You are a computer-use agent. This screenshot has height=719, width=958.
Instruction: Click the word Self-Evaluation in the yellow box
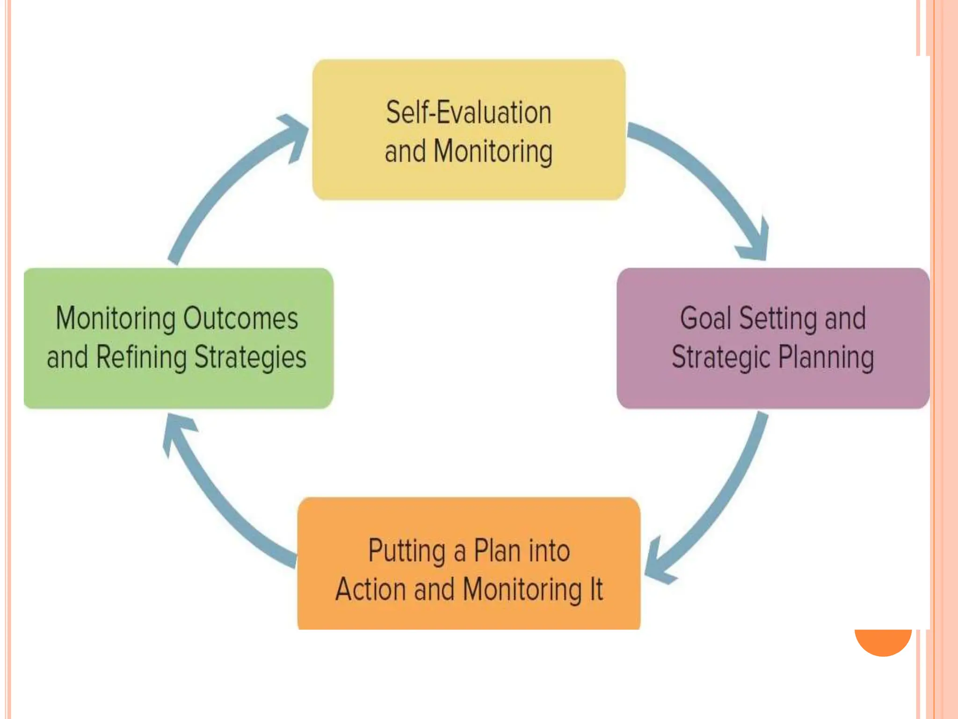point(469,113)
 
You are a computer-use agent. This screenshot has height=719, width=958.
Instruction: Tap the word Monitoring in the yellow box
point(493,152)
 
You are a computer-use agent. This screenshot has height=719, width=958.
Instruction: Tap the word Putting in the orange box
point(406,551)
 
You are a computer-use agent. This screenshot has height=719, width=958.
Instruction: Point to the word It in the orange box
point(596,589)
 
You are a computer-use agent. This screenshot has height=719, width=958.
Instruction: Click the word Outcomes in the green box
point(240,319)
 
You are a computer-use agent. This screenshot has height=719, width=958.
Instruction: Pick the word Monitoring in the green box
point(116,319)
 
